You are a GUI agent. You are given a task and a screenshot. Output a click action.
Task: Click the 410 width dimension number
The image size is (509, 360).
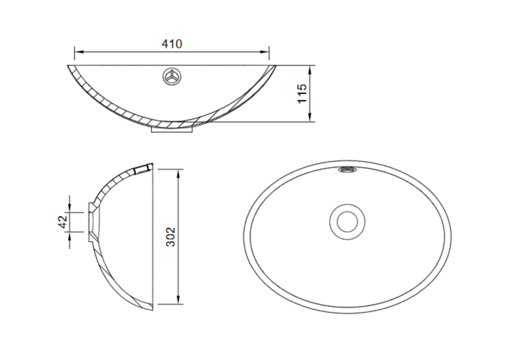172,44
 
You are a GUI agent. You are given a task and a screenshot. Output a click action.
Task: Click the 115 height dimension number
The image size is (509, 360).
302,93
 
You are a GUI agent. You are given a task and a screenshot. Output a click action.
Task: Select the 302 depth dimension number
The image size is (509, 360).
170,237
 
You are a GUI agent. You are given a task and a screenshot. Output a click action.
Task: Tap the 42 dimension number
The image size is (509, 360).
63,222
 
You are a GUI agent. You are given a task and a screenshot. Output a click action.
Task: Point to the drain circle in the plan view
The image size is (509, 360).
347,221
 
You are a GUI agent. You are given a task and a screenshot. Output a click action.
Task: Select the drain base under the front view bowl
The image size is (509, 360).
172,129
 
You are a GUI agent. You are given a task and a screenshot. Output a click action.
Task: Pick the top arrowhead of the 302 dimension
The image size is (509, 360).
178,172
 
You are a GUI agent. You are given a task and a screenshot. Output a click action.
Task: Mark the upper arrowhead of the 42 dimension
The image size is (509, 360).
70,209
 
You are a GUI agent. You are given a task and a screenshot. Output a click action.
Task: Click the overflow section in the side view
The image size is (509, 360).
143,168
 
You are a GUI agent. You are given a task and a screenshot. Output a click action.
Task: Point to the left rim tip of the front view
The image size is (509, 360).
69,66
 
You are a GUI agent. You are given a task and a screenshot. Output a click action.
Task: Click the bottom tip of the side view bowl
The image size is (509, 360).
152,309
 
